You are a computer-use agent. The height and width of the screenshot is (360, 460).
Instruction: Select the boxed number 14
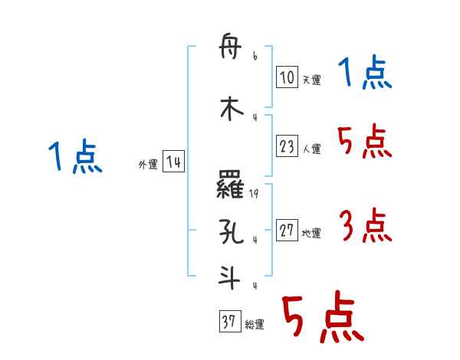[172, 162]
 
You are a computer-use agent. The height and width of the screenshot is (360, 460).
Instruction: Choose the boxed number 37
[229, 322]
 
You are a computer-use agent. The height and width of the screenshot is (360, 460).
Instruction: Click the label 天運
[311, 80]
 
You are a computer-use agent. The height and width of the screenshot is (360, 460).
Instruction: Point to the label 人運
[311, 149]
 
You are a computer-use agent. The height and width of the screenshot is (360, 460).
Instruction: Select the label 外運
[147, 164]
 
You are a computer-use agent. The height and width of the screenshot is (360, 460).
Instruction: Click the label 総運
[254, 325]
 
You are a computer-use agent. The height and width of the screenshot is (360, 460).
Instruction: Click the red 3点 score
[364, 227]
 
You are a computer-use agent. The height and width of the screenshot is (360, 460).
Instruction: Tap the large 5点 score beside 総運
[323, 319]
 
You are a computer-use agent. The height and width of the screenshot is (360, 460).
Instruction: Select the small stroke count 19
[254, 195]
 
